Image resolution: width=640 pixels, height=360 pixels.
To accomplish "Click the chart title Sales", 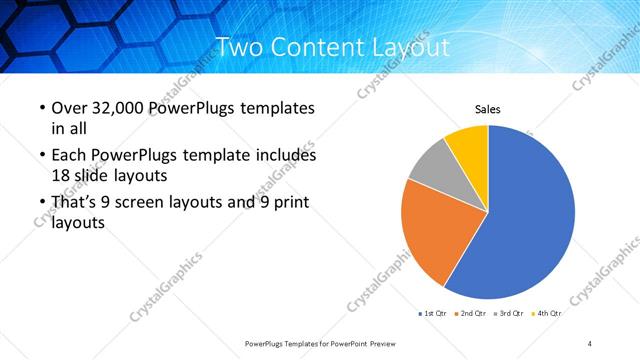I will tap(487, 109).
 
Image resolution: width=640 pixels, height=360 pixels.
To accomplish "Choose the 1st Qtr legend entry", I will tap(432, 313).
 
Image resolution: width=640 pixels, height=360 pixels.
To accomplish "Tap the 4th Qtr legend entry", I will tap(546, 313).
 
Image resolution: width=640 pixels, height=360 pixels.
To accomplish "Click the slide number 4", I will tap(590, 343).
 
